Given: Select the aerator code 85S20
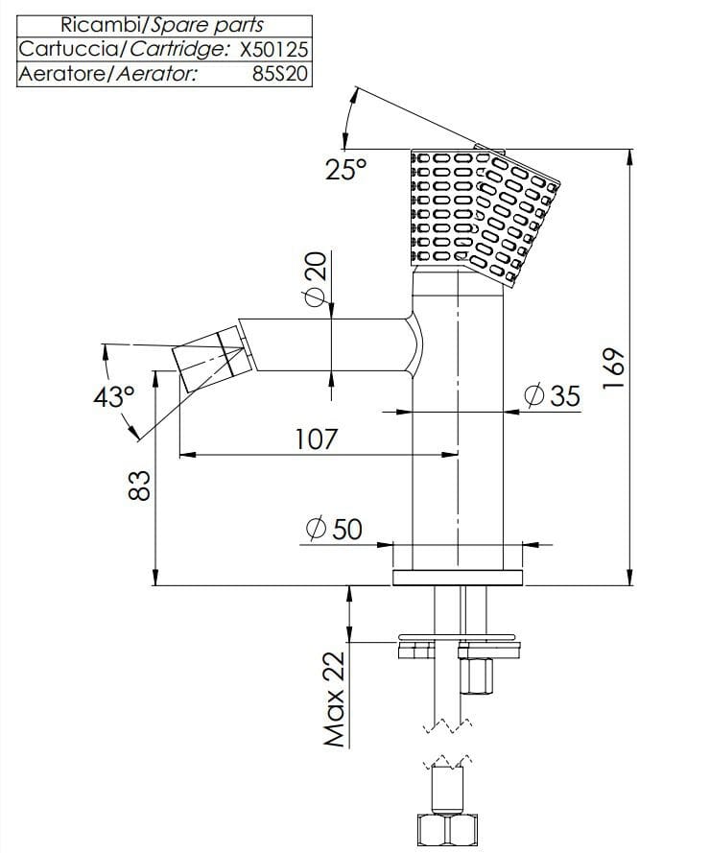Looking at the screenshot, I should click(280, 74).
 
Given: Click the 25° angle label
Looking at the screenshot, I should click(345, 170).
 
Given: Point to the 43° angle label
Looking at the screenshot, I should click(114, 396).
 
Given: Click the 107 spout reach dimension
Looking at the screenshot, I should click(317, 438).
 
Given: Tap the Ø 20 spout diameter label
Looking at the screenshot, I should click(314, 279).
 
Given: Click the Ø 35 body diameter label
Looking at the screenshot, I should click(554, 395).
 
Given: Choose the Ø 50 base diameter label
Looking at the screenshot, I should click(333, 528).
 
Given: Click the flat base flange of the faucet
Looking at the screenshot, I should click(458, 577).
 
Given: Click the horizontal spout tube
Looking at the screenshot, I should click(326, 343).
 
